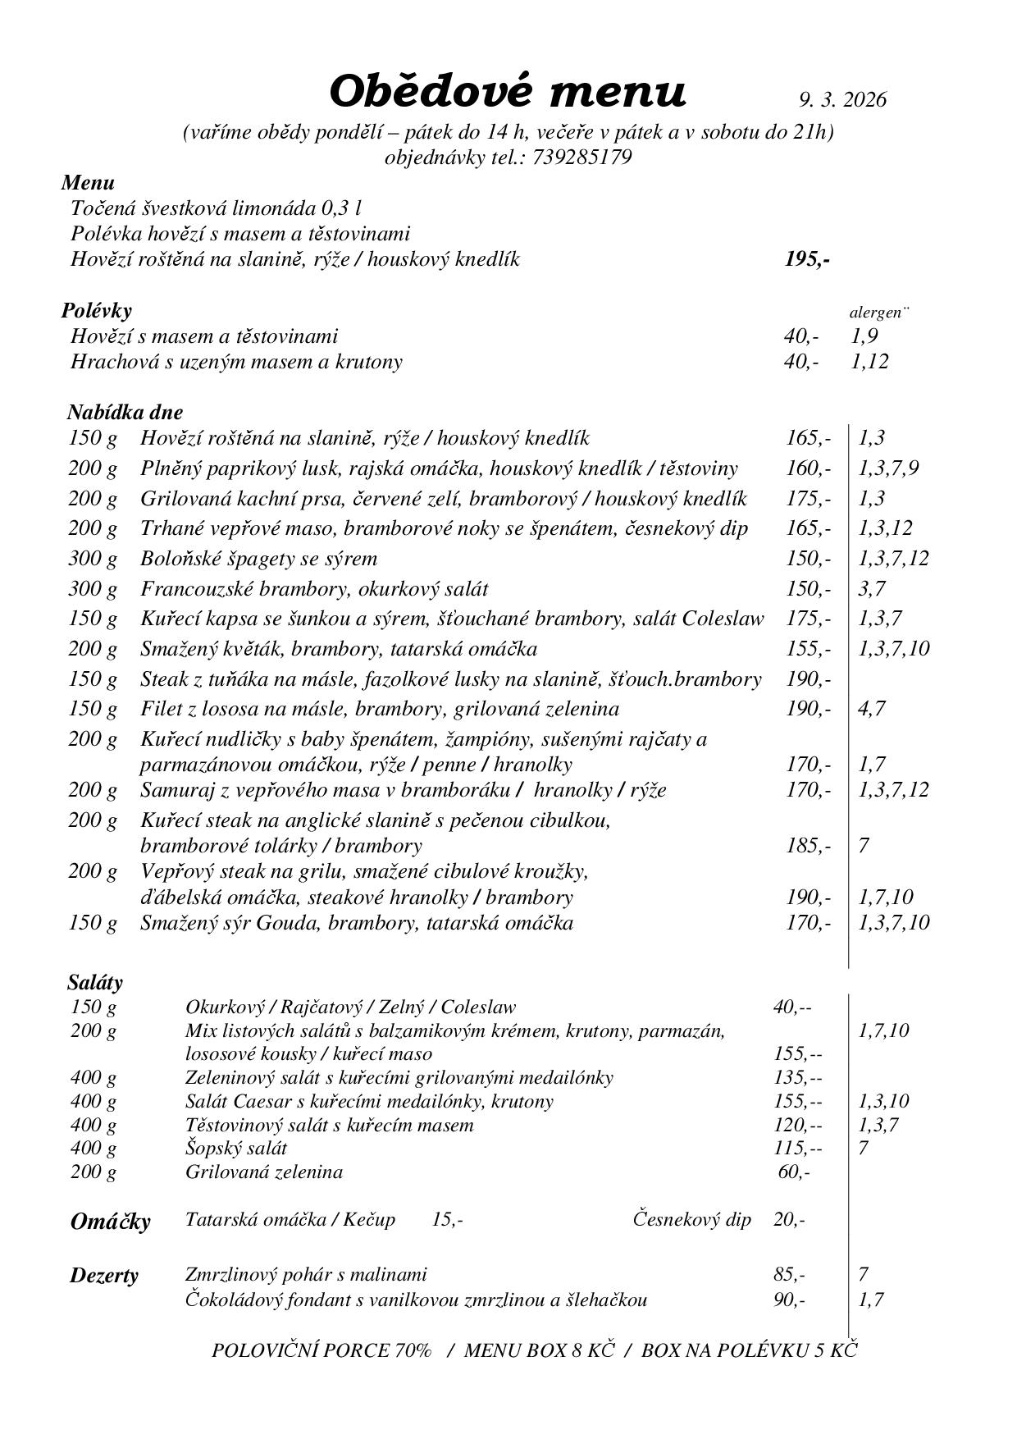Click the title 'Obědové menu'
(x=507, y=92)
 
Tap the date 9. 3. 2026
(x=842, y=100)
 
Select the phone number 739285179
(x=581, y=158)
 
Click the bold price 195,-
(x=807, y=260)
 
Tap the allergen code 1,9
(x=864, y=336)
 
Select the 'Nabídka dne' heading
(x=125, y=412)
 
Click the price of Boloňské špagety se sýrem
(x=808, y=559)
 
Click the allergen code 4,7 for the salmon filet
(x=871, y=709)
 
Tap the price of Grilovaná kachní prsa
(x=808, y=499)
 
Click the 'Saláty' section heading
(x=95, y=982)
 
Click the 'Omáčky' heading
(x=111, y=1222)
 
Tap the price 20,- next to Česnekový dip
(x=788, y=1220)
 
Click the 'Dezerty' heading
(x=104, y=1276)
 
